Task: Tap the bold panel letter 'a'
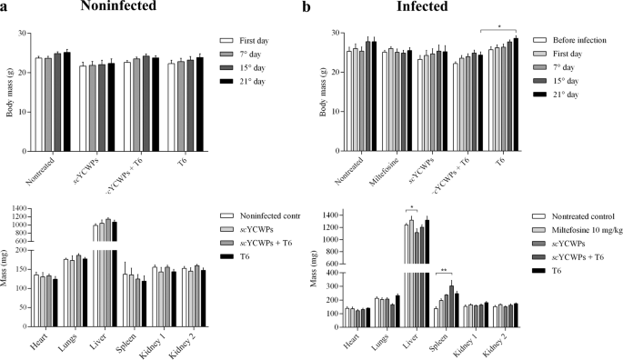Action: (x=5, y=7)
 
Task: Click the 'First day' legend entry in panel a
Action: (x=258, y=41)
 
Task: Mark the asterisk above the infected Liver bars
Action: (x=412, y=206)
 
